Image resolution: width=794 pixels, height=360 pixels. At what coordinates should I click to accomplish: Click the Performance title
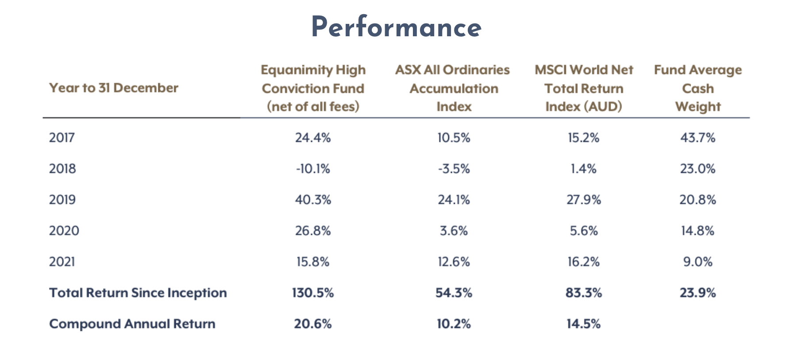pyautogui.click(x=397, y=27)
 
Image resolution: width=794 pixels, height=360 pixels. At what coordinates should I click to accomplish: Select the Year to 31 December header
pyautogui.click(x=114, y=88)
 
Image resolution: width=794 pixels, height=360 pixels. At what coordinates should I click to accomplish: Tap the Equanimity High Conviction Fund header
pyautogui.click(x=313, y=88)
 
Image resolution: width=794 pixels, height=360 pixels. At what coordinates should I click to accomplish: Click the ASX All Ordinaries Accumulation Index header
pyautogui.click(x=453, y=88)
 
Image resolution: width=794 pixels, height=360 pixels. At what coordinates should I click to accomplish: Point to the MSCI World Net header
pyautogui.click(x=584, y=70)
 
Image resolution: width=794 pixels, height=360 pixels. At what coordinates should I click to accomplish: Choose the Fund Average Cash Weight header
pyautogui.click(x=698, y=88)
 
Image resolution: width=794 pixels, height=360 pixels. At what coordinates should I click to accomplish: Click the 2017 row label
pyautogui.click(x=62, y=138)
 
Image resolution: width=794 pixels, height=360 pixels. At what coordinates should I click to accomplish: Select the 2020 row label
pyautogui.click(x=64, y=230)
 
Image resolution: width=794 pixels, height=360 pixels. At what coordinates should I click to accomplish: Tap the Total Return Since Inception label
pyautogui.click(x=138, y=293)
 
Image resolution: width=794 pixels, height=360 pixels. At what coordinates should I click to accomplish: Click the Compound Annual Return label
pyautogui.click(x=132, y=324)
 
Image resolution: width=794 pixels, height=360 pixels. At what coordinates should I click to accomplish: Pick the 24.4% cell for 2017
pyautogui.click(x=313, y=138)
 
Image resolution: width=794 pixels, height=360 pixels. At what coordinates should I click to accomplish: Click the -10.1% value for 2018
pyautogui.click(x=313, y=169)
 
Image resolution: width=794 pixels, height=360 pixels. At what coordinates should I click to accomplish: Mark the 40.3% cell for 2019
pyautogui.click(x=313, y=199)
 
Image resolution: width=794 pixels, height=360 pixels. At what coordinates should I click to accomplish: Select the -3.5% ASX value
pyautogui.click(x=454, y=169)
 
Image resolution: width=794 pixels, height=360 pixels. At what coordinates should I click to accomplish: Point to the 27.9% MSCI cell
pyautogui.click(x=584, y=199)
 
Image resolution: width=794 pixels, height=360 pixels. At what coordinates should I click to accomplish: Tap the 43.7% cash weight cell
pyautogui.click(x=698, y=138)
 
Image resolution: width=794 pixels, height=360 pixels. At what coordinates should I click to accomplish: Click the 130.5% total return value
pyautogui.click(x=313, y=293)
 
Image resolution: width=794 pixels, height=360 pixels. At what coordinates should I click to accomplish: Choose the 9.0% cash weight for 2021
pyautogui.click(x=698, y=262)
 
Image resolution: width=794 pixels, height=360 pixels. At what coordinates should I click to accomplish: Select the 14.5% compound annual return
pyautogui.click(x=584, y=324)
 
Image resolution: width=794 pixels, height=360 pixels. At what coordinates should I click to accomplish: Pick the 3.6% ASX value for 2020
pyautogui.click(x=454, y=230)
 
